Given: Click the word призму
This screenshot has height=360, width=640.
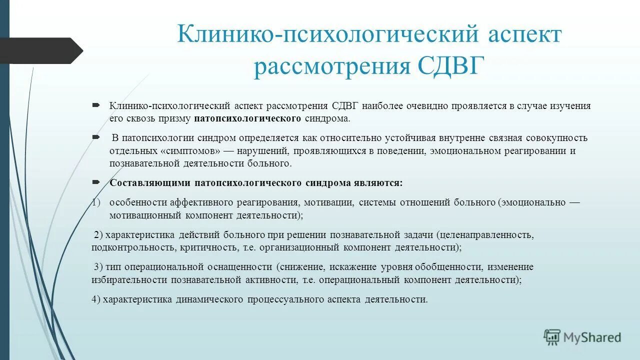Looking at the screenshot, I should click(172, 118).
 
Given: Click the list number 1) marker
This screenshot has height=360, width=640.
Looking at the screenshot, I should click(96, 202).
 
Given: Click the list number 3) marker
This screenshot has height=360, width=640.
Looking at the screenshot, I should click(97, 267).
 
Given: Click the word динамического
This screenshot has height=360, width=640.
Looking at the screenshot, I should click(209, 299).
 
